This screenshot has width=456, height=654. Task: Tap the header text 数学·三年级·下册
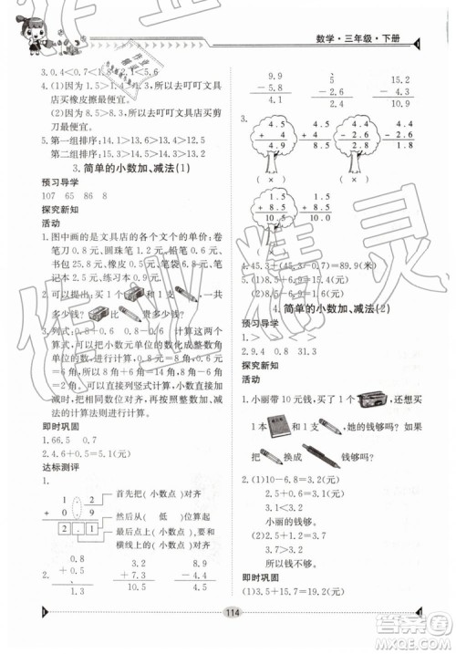pos(364,38)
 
